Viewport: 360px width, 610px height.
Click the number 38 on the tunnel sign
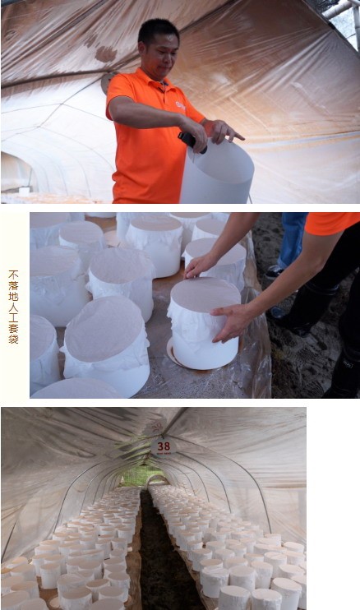coord(164,446)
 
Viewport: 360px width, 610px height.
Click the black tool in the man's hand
coord(191,141)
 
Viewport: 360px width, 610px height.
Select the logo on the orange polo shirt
coord(180,105)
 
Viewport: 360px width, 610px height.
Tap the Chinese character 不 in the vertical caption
coord(13,275)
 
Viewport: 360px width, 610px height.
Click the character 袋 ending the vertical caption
coord(13,339)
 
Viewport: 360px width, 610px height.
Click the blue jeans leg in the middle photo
coord(292,240)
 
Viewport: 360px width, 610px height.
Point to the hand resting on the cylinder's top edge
coord(200,266)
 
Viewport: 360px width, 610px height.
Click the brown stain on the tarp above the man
coord(105,53)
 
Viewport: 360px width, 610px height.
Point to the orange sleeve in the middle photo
coord(332,223)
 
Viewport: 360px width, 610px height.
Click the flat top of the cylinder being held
coord(205,293)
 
